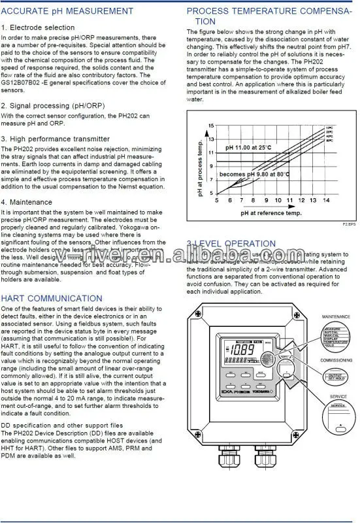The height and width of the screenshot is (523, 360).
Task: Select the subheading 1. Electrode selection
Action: click(38, 27)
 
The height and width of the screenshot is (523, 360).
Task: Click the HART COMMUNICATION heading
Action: click(52, 297)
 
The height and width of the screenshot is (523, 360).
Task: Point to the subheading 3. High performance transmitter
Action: click(56, 139)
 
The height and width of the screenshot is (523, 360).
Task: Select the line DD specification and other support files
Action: click(71, 424)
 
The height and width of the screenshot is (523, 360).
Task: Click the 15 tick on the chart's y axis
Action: click(210, 125)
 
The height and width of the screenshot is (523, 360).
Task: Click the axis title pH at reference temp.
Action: click(270, 212)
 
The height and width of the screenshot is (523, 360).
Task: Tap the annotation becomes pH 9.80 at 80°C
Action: click(254, 175)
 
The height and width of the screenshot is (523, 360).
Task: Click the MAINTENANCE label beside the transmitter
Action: click(336, 316)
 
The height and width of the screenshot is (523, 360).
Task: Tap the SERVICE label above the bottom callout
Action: click(338, 396)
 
